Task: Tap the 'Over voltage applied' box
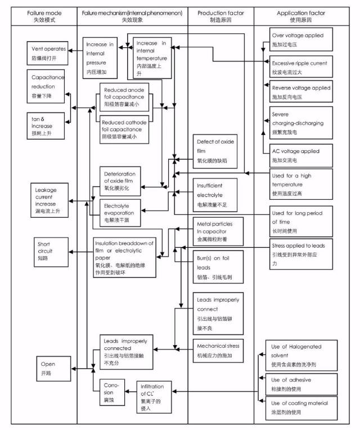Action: tap(300, 39)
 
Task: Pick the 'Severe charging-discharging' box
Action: tap(300, 122)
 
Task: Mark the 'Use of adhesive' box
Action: tap(300, 384)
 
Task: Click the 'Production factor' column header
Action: tap(220, 15)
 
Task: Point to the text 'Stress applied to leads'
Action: tap(298, 245)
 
